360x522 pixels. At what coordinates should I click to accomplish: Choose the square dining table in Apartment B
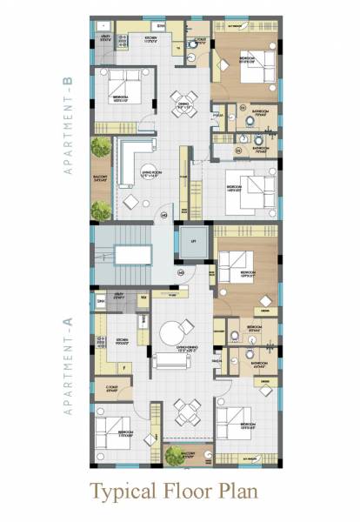point(180,98)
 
